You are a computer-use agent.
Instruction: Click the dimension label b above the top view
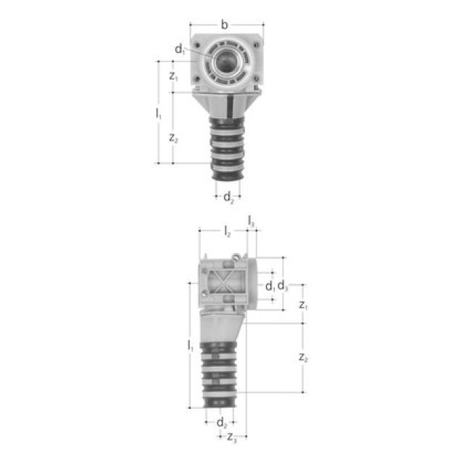tap(224, 25)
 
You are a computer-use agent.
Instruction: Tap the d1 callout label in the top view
tap(180, 49)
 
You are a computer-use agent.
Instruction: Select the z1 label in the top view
tap(173, 75)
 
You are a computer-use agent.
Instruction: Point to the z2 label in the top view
tap(173, 138)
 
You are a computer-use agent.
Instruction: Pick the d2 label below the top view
tap(228, 196)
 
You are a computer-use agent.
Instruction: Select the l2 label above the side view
tap(227, 231)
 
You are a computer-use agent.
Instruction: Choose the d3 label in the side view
tap(283, 286)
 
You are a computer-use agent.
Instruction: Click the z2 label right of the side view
tap(304, 358)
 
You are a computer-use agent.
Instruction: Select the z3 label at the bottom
tap(231, 437)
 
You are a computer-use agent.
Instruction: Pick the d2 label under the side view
tap(223, 423)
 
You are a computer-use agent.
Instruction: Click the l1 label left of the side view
tap(190, 347)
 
